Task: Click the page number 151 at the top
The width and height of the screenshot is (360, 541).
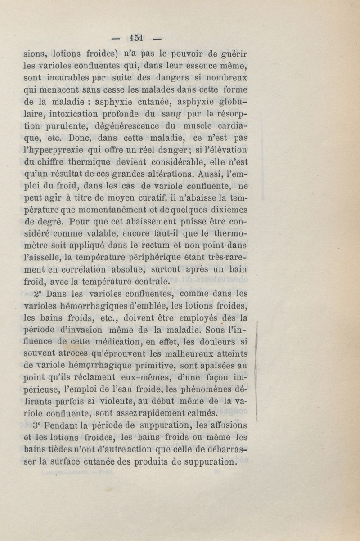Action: point(134,37)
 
